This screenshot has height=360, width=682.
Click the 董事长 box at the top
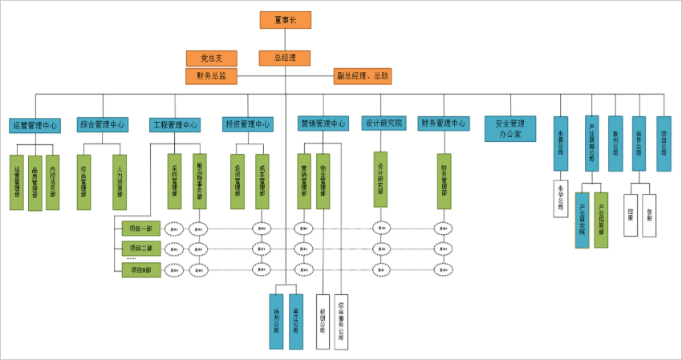click(x=285, y=20)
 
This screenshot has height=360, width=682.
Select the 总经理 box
click(x=285, y=58)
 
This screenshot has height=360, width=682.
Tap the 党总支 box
click(x=211, y=58)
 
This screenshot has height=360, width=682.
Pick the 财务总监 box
click(x=211, y=76)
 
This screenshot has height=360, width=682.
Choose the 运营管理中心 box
click(x=35, y=125)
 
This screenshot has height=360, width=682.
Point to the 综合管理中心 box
click(x=102, y=125)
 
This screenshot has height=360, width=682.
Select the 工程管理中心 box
click(x=174, y=125)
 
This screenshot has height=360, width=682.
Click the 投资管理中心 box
click(x=248, y=124)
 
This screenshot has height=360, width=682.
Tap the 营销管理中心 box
click(x=323, y=124)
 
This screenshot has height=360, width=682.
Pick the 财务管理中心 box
click(x=443, y=123)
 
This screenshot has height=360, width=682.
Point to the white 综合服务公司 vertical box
click(x=341, y=317)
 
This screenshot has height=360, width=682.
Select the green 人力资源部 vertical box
click(x=120, y=182)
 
